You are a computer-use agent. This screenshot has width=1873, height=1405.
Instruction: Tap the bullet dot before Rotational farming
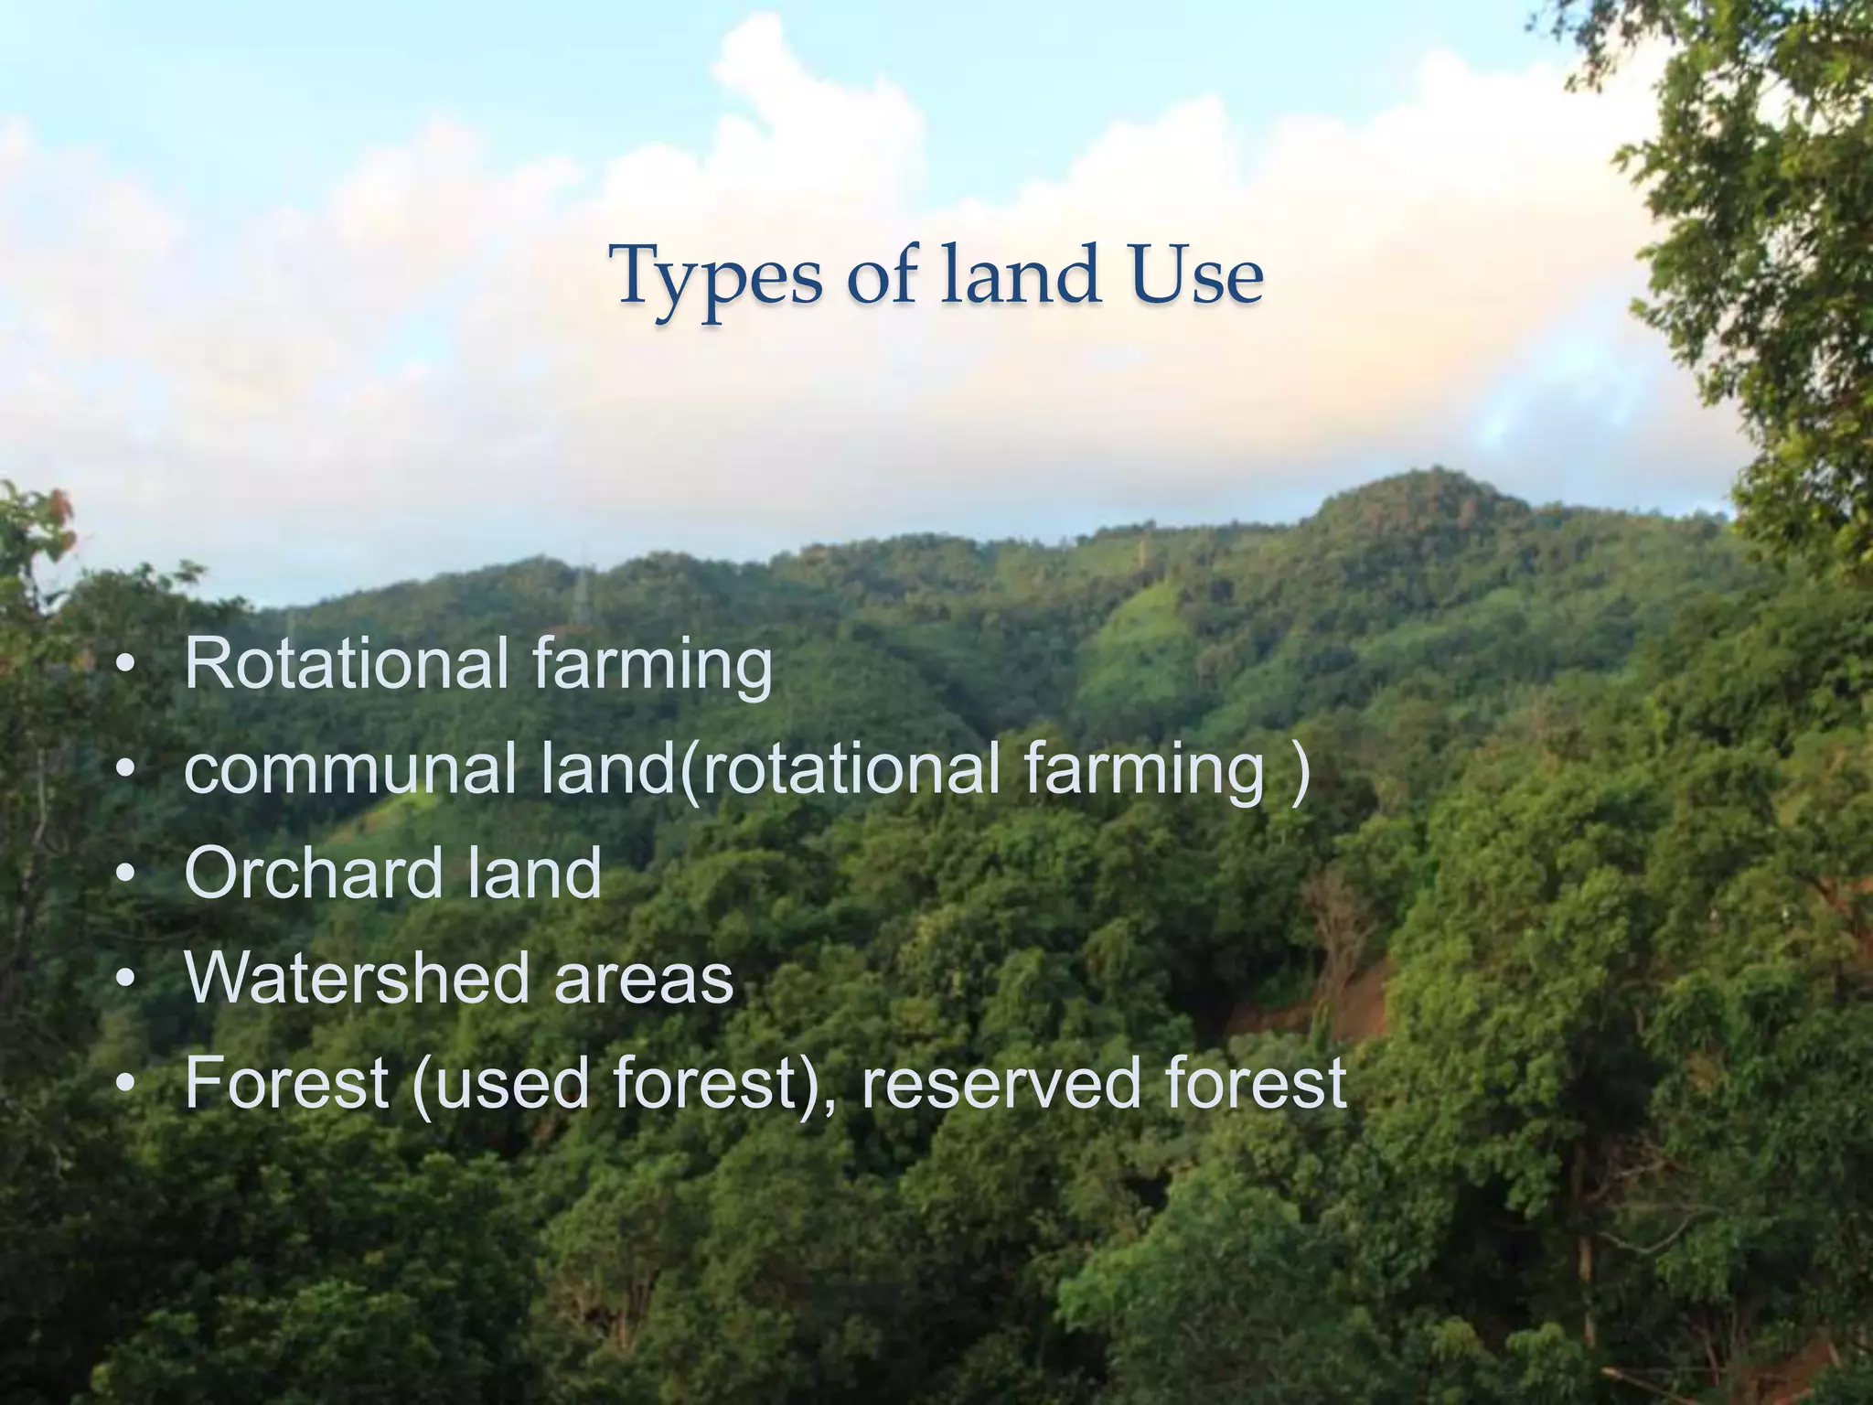(x=126, y=666)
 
